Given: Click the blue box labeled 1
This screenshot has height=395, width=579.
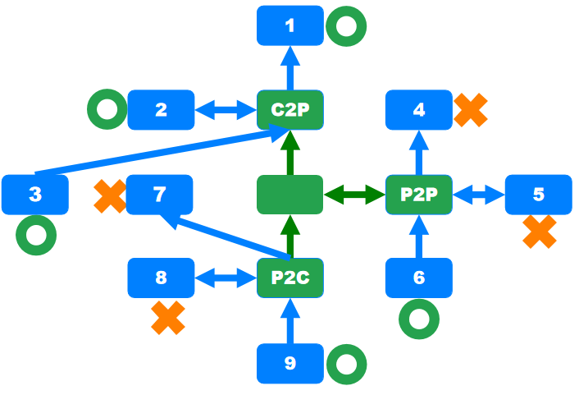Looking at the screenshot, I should tap(289, 25).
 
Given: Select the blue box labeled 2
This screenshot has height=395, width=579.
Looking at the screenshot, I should tap(161, 109).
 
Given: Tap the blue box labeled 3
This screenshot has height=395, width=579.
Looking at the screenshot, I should tap(34, 195).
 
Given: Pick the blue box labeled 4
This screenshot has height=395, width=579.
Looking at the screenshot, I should tap(419, 109).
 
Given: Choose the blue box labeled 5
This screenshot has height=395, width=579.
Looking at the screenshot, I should tap(538, 195).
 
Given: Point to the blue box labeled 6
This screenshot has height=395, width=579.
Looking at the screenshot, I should tap(419, 278).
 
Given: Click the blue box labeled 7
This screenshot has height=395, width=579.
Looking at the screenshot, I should tap(159, 195).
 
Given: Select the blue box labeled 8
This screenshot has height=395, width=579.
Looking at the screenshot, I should tap(161, 278).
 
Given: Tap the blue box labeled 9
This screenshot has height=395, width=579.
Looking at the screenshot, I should tap(289, 363).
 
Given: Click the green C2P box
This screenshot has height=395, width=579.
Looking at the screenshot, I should tap(289, 109).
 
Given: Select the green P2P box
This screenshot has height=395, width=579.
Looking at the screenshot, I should tap(419, 195).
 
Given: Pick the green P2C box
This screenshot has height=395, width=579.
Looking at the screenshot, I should tap(289, 278).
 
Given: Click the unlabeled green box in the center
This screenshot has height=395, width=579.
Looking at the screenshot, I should tap(289, 195).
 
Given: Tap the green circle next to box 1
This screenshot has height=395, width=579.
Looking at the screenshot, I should tap(346, 26).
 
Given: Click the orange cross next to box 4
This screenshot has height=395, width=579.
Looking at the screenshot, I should tap(471, 109).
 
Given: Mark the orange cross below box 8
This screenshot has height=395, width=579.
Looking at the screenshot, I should tap(168, 318).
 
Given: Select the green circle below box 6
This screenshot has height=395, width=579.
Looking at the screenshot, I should tap(418, 319).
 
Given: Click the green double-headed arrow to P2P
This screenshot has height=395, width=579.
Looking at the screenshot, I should tap(354, 195).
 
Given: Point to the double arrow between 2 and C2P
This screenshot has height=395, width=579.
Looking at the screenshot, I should tap(226, 109).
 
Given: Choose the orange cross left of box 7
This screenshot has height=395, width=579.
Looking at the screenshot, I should tap(110, 197).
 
